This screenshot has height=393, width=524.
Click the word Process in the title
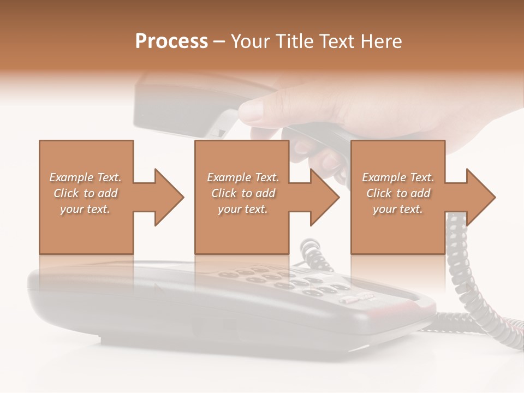tap(171, 41)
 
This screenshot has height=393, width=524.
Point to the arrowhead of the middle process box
tap(324, 197)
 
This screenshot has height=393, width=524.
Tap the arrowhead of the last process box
tap(480, 197)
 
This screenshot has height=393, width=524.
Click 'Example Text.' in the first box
tap(85, 177)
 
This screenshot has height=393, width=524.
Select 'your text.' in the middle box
tap(243, 209)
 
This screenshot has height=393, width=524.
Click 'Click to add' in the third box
tap(398, 193)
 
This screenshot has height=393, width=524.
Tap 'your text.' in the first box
tap(85, 209)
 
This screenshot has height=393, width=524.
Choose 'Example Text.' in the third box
tap(398, 177)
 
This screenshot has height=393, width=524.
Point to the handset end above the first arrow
tap(164, 104)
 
